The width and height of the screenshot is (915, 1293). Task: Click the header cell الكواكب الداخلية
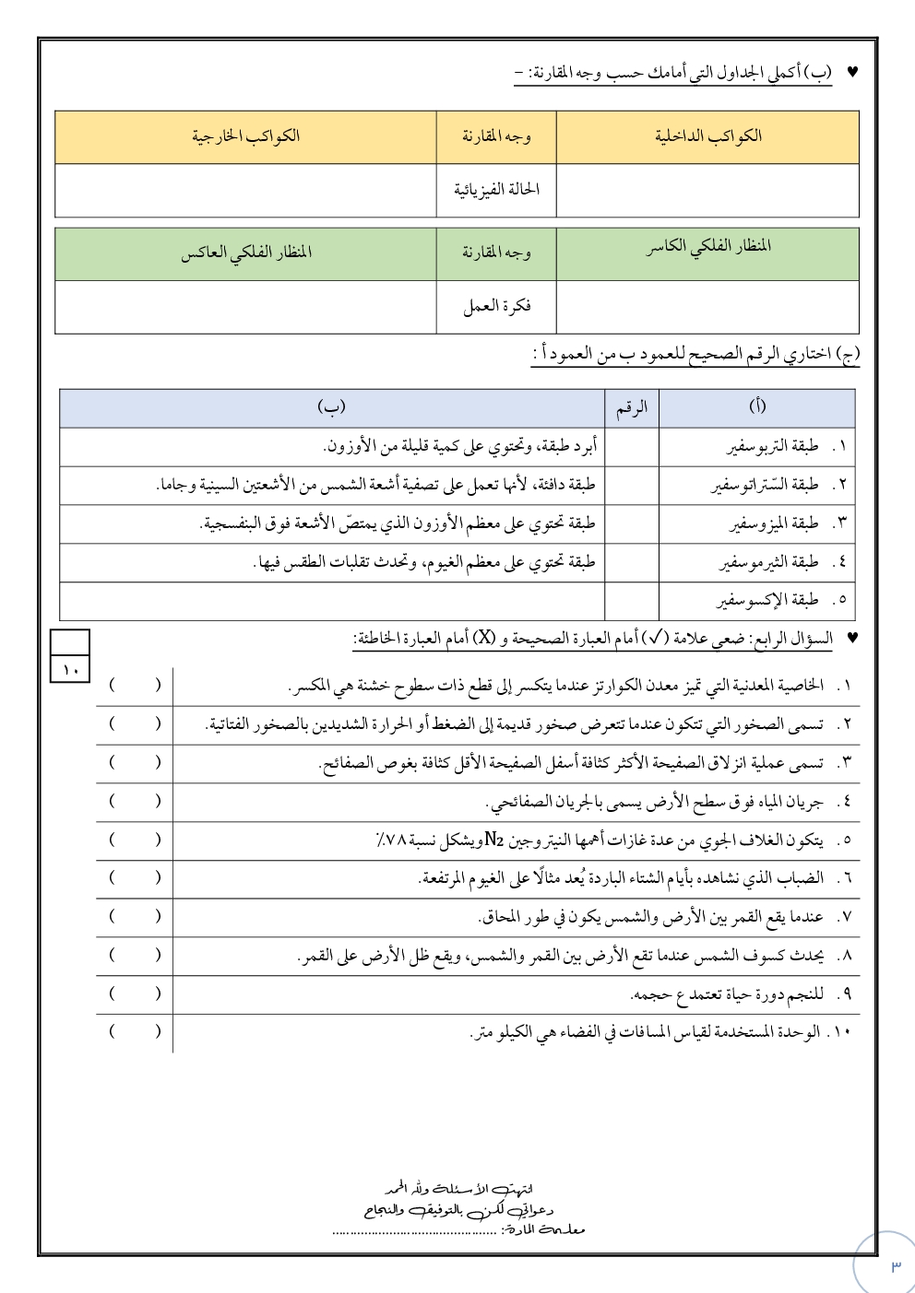pos(707,136)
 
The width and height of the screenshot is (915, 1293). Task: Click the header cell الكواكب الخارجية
pos(245,136)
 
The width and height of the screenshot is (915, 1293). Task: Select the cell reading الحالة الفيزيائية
pos(496,190)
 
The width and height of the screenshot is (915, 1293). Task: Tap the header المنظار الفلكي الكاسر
pos(707,247)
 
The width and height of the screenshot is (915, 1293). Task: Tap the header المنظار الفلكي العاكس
pos(245,253)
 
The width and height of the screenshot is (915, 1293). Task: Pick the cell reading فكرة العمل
pos(496,306)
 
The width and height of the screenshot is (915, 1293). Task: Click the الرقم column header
pos(631,407)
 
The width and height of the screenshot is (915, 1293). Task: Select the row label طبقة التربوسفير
pos(772,447)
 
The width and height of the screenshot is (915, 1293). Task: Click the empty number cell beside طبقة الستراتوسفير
pos(631,485)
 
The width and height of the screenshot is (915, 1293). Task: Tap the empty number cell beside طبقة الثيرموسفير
pos(631,562)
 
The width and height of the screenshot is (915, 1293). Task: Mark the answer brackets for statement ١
pos(135,685)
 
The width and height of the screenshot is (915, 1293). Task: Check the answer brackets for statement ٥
pos(135,839)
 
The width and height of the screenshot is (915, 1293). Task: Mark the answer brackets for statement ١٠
pos(135,1031)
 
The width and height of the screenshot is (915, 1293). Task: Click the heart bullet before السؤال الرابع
pos(851,637)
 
